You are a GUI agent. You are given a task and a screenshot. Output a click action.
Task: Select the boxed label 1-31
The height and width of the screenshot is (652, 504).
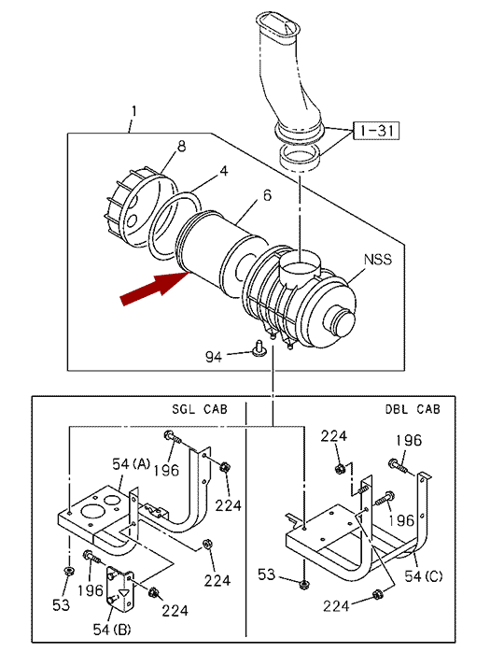(376, 131)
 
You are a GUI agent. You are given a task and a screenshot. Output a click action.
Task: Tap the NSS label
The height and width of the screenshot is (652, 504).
(378, 260)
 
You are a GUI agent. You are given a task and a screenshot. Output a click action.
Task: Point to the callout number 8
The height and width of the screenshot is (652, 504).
(181, 147)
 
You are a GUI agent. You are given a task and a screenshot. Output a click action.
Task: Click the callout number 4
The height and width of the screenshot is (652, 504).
(224, 171)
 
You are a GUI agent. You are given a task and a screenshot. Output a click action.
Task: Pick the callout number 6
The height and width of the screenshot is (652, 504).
(267, 195)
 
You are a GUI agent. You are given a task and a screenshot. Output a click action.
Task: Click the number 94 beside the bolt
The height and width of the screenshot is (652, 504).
(214, 357)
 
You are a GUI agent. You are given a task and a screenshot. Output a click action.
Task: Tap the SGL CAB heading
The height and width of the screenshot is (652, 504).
(200, 409)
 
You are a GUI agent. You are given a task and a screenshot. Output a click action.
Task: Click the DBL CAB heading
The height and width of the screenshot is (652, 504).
(413, 409)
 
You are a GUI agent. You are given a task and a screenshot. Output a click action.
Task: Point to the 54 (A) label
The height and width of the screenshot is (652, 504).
(131, 463)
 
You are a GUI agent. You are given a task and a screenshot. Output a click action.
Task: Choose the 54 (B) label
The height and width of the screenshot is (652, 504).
(112, 630)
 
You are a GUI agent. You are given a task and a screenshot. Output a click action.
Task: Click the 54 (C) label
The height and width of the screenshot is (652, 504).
(424, 576)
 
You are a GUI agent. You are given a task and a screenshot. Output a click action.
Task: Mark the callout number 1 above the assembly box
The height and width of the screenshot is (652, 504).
(133, 111)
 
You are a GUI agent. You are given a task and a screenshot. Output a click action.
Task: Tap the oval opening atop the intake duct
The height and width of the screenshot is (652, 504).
(278, 26)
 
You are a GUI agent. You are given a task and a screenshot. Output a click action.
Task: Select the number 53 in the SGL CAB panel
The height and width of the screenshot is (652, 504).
(61, 605)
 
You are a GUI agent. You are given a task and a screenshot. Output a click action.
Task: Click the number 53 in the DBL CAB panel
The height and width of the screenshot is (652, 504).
(266, 575)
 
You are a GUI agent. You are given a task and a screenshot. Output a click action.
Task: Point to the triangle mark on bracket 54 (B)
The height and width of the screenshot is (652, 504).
(123, 593)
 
